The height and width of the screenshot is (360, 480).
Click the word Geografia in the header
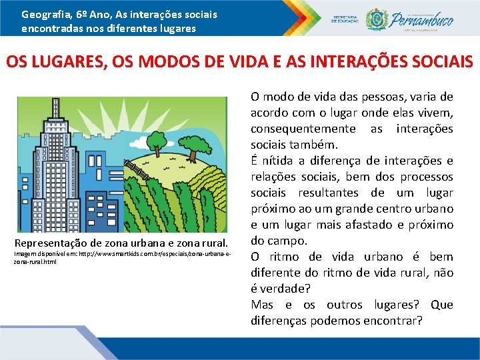(41, 13)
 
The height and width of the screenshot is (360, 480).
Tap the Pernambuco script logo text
(426, 19)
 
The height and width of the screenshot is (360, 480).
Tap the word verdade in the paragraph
(284, 289)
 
